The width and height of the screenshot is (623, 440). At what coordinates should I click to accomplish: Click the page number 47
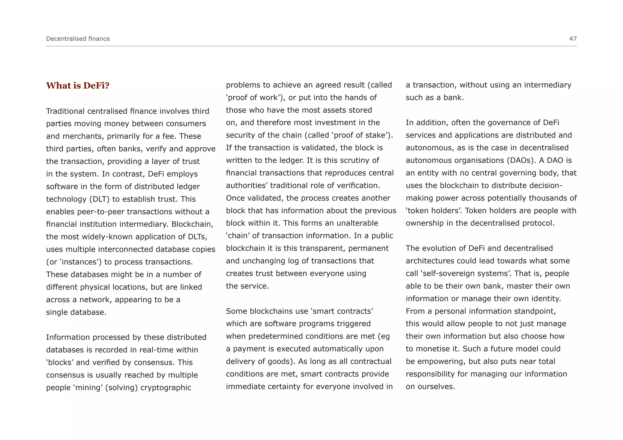pyautogui.click(x=573, y=39)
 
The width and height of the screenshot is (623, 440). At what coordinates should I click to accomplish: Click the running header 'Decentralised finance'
pyautogui.click(x=78, y=39)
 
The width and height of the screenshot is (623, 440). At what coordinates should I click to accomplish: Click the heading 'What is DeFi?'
pyautogui.click(x=78, y=86)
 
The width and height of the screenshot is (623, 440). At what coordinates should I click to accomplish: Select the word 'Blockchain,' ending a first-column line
pyautogui.click(x=193, y=224)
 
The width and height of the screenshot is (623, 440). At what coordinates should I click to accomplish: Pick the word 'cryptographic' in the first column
pyautogui.click(x=166, y=388)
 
